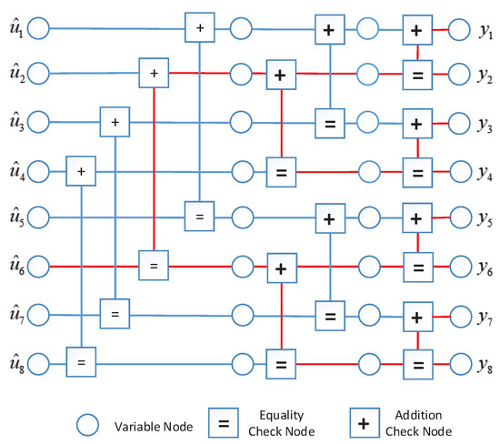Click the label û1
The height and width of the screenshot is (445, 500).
coord(15,29)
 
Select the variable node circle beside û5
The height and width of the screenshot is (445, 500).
coord(39,218)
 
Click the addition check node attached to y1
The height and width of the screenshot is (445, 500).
coord(416,29)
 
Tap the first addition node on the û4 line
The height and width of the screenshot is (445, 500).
coord(81,169)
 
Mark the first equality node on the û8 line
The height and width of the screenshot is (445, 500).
coord(81,364)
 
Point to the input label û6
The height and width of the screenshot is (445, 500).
coord(15,266)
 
